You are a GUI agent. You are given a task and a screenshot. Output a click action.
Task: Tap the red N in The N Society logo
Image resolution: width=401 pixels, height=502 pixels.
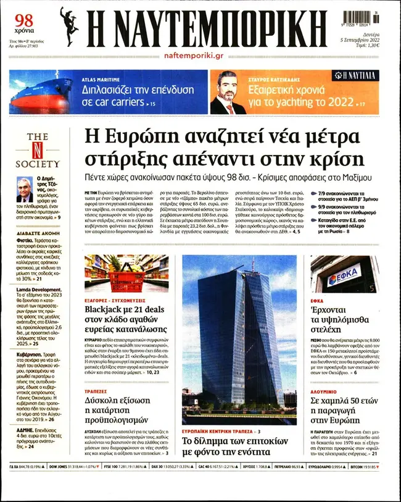click(x=38, y=150)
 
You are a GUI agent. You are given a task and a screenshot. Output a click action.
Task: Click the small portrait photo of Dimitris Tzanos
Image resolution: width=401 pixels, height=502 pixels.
click(x=24, y=190)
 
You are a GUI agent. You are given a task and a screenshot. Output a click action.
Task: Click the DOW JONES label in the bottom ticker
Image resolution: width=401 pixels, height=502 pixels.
click(x=62, y=484)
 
